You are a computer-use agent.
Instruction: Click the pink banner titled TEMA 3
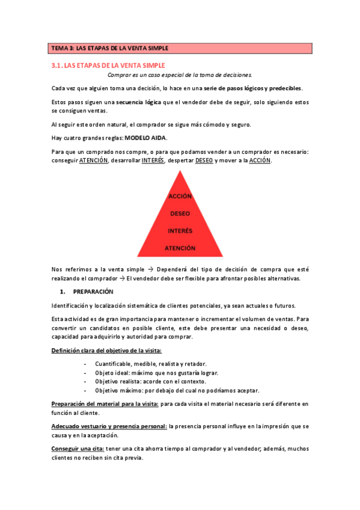click(x=180, y=48)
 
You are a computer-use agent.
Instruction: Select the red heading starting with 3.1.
click(x=108, y=65)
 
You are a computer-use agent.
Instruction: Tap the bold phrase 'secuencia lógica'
click(x=138, y=102)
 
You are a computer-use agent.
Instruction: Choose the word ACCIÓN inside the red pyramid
click(x=180, y=197)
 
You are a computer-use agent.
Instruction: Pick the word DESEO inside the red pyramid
click(x=180, y=214)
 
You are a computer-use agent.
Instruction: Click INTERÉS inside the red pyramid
click(x=180, y=230)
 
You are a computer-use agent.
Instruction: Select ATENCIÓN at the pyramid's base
click(x=180, y=247)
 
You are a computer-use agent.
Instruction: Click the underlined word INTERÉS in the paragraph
click(x=153, y=161)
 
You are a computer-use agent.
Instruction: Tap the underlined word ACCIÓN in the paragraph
click(x=260, y=161)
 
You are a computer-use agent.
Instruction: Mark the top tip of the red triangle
click(x=180, y=171)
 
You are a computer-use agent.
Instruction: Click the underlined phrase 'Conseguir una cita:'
click(x=78, y=449)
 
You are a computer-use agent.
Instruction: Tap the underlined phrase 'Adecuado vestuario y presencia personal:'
click(x=109, y=426)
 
